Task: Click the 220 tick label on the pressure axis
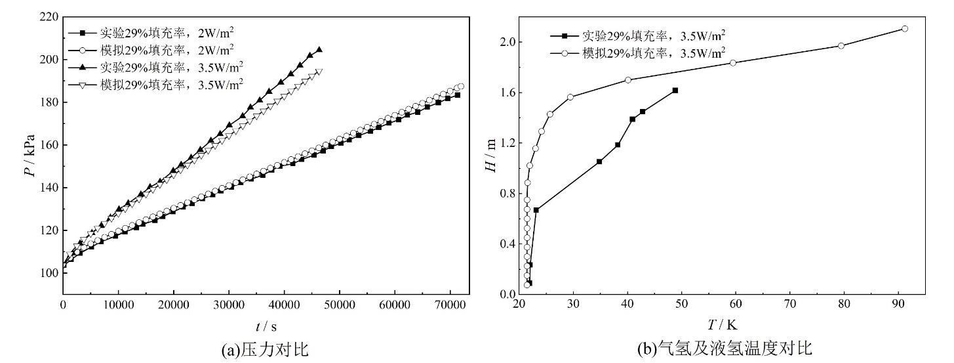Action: (x=49, y=16)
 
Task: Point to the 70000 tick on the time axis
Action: (x=450, y=305)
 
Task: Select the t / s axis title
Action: (x=266, y=324)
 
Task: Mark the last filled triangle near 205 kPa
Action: (x=319, y=49)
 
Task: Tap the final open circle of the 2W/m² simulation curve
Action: (x=461, y=87)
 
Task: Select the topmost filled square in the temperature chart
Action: (x=675, y=90)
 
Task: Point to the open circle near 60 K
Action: (x=733, y=63)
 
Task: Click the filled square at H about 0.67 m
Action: (x=536, y=210)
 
